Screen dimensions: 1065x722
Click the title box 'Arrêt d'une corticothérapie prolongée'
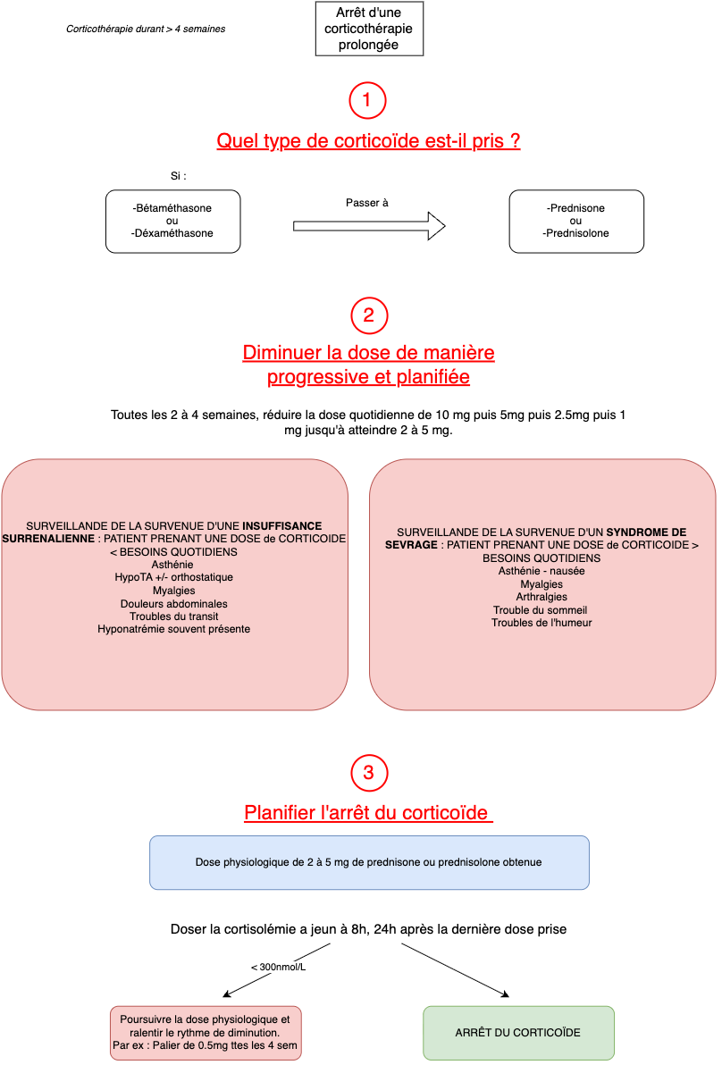(x=369, y=29)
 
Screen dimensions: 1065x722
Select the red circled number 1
(x=367, y=99)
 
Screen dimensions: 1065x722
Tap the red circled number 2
(x=368, y=314)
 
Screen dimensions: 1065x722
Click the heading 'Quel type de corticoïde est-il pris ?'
(x=368, y=141)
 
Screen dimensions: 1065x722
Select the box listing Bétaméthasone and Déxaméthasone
(x=172, y=221)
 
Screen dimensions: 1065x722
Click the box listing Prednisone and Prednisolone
(x=575, y=221)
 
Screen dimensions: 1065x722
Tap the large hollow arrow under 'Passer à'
(x=368, y=226)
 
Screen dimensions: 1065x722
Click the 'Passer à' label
(x=367, y=203)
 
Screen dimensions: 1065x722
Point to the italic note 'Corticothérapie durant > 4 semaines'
(x=146, y=29)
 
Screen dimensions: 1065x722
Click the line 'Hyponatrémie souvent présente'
(x=174, y=629)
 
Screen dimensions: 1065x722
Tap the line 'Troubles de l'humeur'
(x=541, y=623)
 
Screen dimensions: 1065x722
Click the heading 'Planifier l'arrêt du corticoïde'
(x=367, y=813)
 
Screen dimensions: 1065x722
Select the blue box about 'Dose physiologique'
(x=368, y=862)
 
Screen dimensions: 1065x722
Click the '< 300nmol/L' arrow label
(x=278, y=967)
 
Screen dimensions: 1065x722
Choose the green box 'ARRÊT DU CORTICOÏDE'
(x=517, y=1032)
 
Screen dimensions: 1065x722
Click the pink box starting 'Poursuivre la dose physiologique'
(x=206, y=1032)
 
